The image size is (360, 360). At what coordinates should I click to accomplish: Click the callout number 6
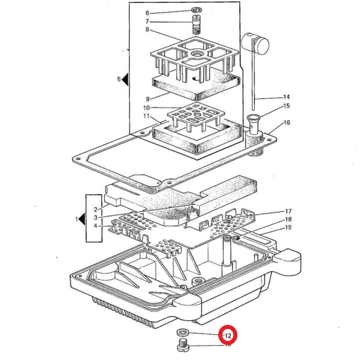147,13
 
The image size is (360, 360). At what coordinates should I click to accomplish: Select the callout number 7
147,21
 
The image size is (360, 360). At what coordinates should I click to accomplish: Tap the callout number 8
147,29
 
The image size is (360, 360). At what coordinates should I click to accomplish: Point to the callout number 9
147,98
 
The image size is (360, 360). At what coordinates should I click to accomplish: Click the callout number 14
286,97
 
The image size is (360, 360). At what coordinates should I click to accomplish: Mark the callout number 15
286,106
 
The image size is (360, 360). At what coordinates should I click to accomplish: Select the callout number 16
286,123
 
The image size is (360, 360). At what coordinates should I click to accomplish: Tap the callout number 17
288,211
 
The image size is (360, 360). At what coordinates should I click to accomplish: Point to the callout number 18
288,219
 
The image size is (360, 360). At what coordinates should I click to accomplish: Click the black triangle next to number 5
126,79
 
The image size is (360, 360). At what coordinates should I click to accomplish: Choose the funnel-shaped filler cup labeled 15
255,122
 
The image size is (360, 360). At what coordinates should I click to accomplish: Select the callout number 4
95,226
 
